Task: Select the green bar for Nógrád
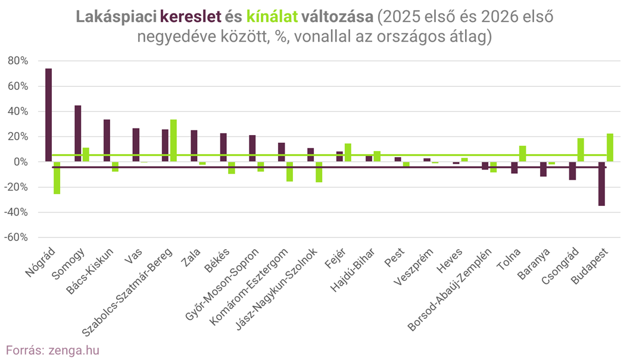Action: pos(57,178)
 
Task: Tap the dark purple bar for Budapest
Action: pos(601,184)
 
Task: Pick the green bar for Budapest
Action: pos(610,148)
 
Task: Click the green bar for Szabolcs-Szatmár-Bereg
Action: pos(173,140)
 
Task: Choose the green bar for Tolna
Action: pos(522,154)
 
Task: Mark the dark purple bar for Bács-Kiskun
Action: pos(107,140)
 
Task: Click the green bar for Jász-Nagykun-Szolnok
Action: pos(319,172)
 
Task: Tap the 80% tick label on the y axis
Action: pos(17,61)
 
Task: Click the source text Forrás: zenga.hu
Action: pos(52,349)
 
